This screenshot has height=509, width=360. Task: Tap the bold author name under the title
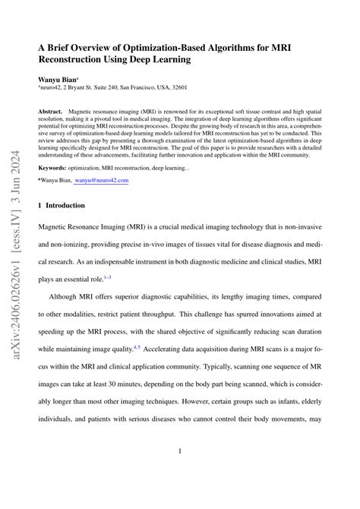pos(58,78)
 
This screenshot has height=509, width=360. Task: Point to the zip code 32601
pos(196,88)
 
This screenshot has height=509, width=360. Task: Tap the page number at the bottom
pos(180,472)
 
